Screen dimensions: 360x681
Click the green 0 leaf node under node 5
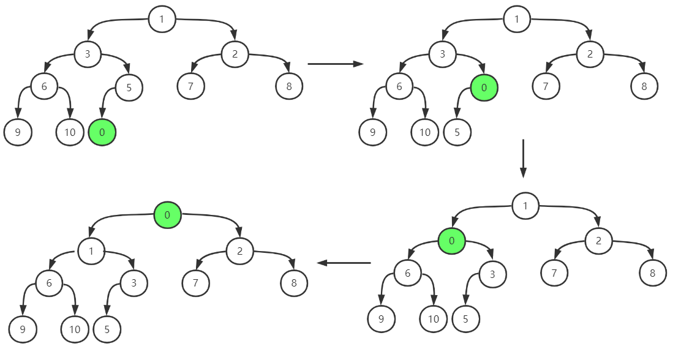coord(102,132)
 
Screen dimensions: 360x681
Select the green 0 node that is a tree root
coord(167,215)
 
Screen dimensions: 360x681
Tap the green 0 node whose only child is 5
coord(484,88)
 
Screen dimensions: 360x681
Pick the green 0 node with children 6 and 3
coord(451,241)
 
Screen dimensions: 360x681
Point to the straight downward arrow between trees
coord(523,158)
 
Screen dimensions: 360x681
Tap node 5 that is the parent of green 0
coord(129,88)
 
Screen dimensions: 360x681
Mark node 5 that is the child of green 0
coord(456,132)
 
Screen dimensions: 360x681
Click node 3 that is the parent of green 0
coord(443,54)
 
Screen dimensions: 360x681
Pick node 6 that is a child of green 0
coord(407,274)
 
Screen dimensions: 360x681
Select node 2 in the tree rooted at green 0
coord(239,250)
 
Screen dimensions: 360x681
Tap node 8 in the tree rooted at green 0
coord(294,283)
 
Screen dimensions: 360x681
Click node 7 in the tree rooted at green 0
coord(196,283)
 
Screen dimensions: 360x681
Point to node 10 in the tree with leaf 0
coord(69,132)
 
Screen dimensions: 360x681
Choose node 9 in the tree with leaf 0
coord(17,132)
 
